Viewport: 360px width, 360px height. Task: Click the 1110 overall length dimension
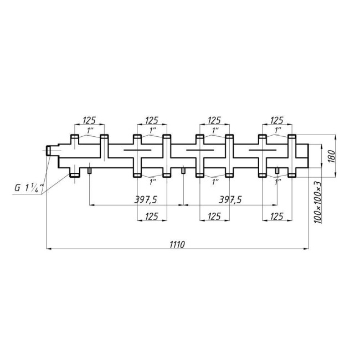177,244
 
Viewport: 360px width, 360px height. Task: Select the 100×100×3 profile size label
318,203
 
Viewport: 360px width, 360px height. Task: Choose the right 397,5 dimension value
230,199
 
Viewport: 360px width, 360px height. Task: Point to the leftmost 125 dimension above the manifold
90,120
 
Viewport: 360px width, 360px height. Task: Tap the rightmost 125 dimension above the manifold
276,120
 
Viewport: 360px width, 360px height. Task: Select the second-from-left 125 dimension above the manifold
152,120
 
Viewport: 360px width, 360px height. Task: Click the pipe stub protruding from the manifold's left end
54,150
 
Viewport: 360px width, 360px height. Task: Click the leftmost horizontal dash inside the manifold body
136,150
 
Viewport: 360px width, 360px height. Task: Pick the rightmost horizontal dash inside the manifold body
261,150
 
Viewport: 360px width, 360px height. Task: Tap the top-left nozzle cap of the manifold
74,137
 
